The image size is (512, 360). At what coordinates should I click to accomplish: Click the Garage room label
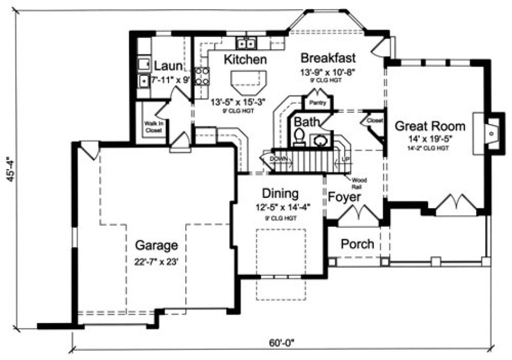tap(157, 245)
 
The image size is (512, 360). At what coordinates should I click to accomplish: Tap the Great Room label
tap(430, 126)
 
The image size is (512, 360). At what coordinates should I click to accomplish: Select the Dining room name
tap(280, 193)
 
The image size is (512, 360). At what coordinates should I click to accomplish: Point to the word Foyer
tap(345, 196)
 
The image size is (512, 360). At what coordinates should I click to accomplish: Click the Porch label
tap(357, 244)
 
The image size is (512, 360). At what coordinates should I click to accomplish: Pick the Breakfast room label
tap(328, 57)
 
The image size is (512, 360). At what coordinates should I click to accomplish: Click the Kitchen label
tap(245, 59)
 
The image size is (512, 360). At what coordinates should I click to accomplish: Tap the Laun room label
tap(168, 66)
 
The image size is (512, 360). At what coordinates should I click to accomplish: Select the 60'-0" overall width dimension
tap(282, 343)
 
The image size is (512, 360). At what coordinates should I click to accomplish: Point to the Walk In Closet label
tap(153, 126)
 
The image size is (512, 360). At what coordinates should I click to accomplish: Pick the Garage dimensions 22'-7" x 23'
tap(157, 261)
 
